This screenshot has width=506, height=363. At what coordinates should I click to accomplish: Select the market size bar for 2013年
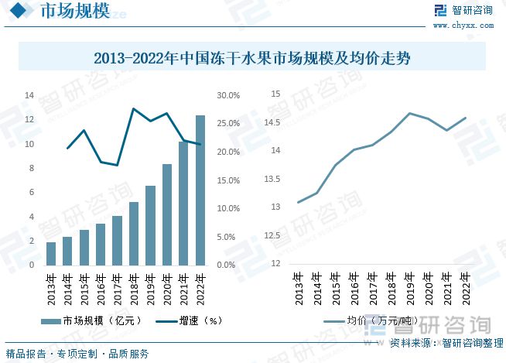(51, 253)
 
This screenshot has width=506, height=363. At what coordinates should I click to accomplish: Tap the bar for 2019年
(150, 225)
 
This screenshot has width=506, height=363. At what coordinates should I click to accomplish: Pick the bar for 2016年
(101, 244)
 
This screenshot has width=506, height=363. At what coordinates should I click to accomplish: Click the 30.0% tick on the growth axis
(227, 96)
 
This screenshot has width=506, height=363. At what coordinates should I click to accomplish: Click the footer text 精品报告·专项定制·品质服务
(77, 354)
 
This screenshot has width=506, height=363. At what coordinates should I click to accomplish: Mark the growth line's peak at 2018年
(134, 108)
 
